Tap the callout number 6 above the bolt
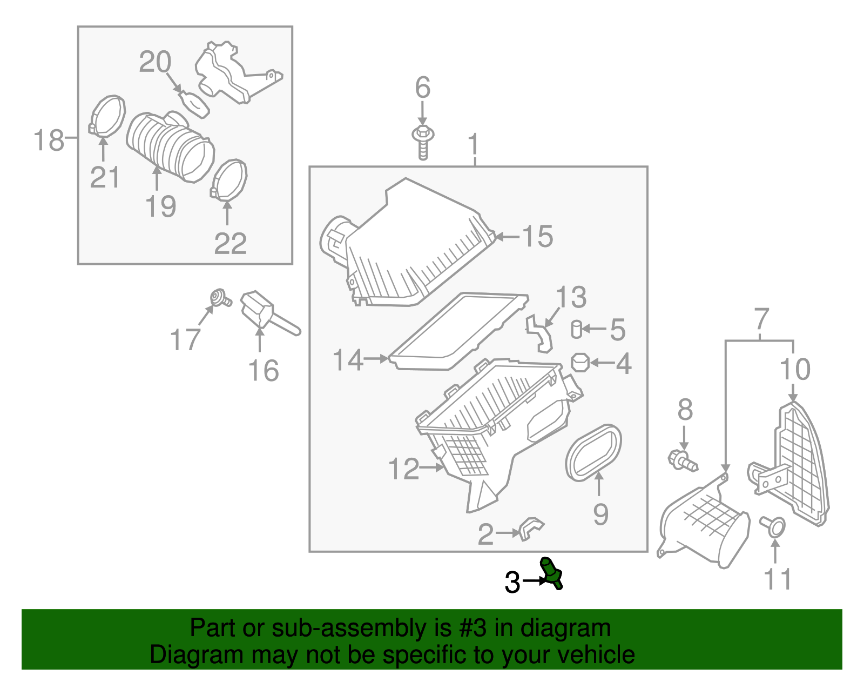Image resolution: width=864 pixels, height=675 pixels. pyautogui.click(x=422, y=88)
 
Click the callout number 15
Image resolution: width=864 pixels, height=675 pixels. pyautogui.click(x=537, y=237)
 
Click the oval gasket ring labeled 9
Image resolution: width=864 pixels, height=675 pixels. pyautogui.click(x=593, y=452)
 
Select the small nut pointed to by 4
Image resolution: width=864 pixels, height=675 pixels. pyautogui.click(x=580, y=362)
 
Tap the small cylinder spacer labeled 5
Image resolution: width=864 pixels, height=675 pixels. pyautogui.click(x=576, y=329)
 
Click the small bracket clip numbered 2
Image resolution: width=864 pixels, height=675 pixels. pyautogui.click(x=531, y=528)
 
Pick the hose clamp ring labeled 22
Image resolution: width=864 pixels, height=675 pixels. pyautogui.click(x=229, y=179)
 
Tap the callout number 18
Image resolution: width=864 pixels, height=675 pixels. pyautogui.click(x=49, y=140)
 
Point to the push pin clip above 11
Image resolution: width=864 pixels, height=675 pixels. pyautogui.click(x=773, y=525)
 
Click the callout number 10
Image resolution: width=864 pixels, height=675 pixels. pyautogui.click(x=795, y=370)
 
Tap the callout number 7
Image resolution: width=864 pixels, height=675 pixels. pyautogui.click(x=761, y=319)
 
